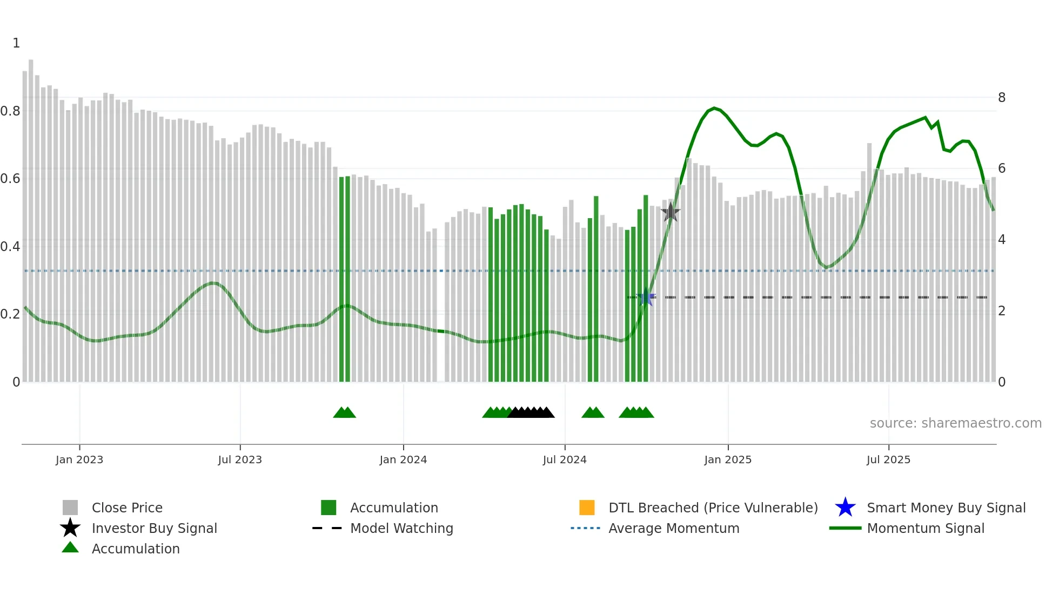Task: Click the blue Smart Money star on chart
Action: coord(646,297)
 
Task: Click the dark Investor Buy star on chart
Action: coord(670,212)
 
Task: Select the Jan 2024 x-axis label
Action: coord(403,459)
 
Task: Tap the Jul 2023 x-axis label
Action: coord(240,459)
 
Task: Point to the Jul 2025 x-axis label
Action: coord(888,459)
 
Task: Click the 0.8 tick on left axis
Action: coord(10,111)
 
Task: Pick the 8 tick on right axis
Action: coord(1002,98)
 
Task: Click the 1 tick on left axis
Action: coord(16,43)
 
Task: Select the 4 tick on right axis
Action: coord(1002,240)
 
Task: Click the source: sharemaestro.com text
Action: coord(955,423)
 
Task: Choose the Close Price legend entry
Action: coord(127,508)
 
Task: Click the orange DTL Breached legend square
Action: coord(587,508)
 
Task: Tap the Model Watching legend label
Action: coord(401,528)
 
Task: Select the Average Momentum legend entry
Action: coord(674,528)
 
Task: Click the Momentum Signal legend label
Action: coord(926,528)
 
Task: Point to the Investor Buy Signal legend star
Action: coord(70,528)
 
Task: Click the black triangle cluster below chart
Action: coord(531,413)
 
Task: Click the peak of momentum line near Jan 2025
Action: coord(714,108)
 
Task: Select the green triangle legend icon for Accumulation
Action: coord(70,547)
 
